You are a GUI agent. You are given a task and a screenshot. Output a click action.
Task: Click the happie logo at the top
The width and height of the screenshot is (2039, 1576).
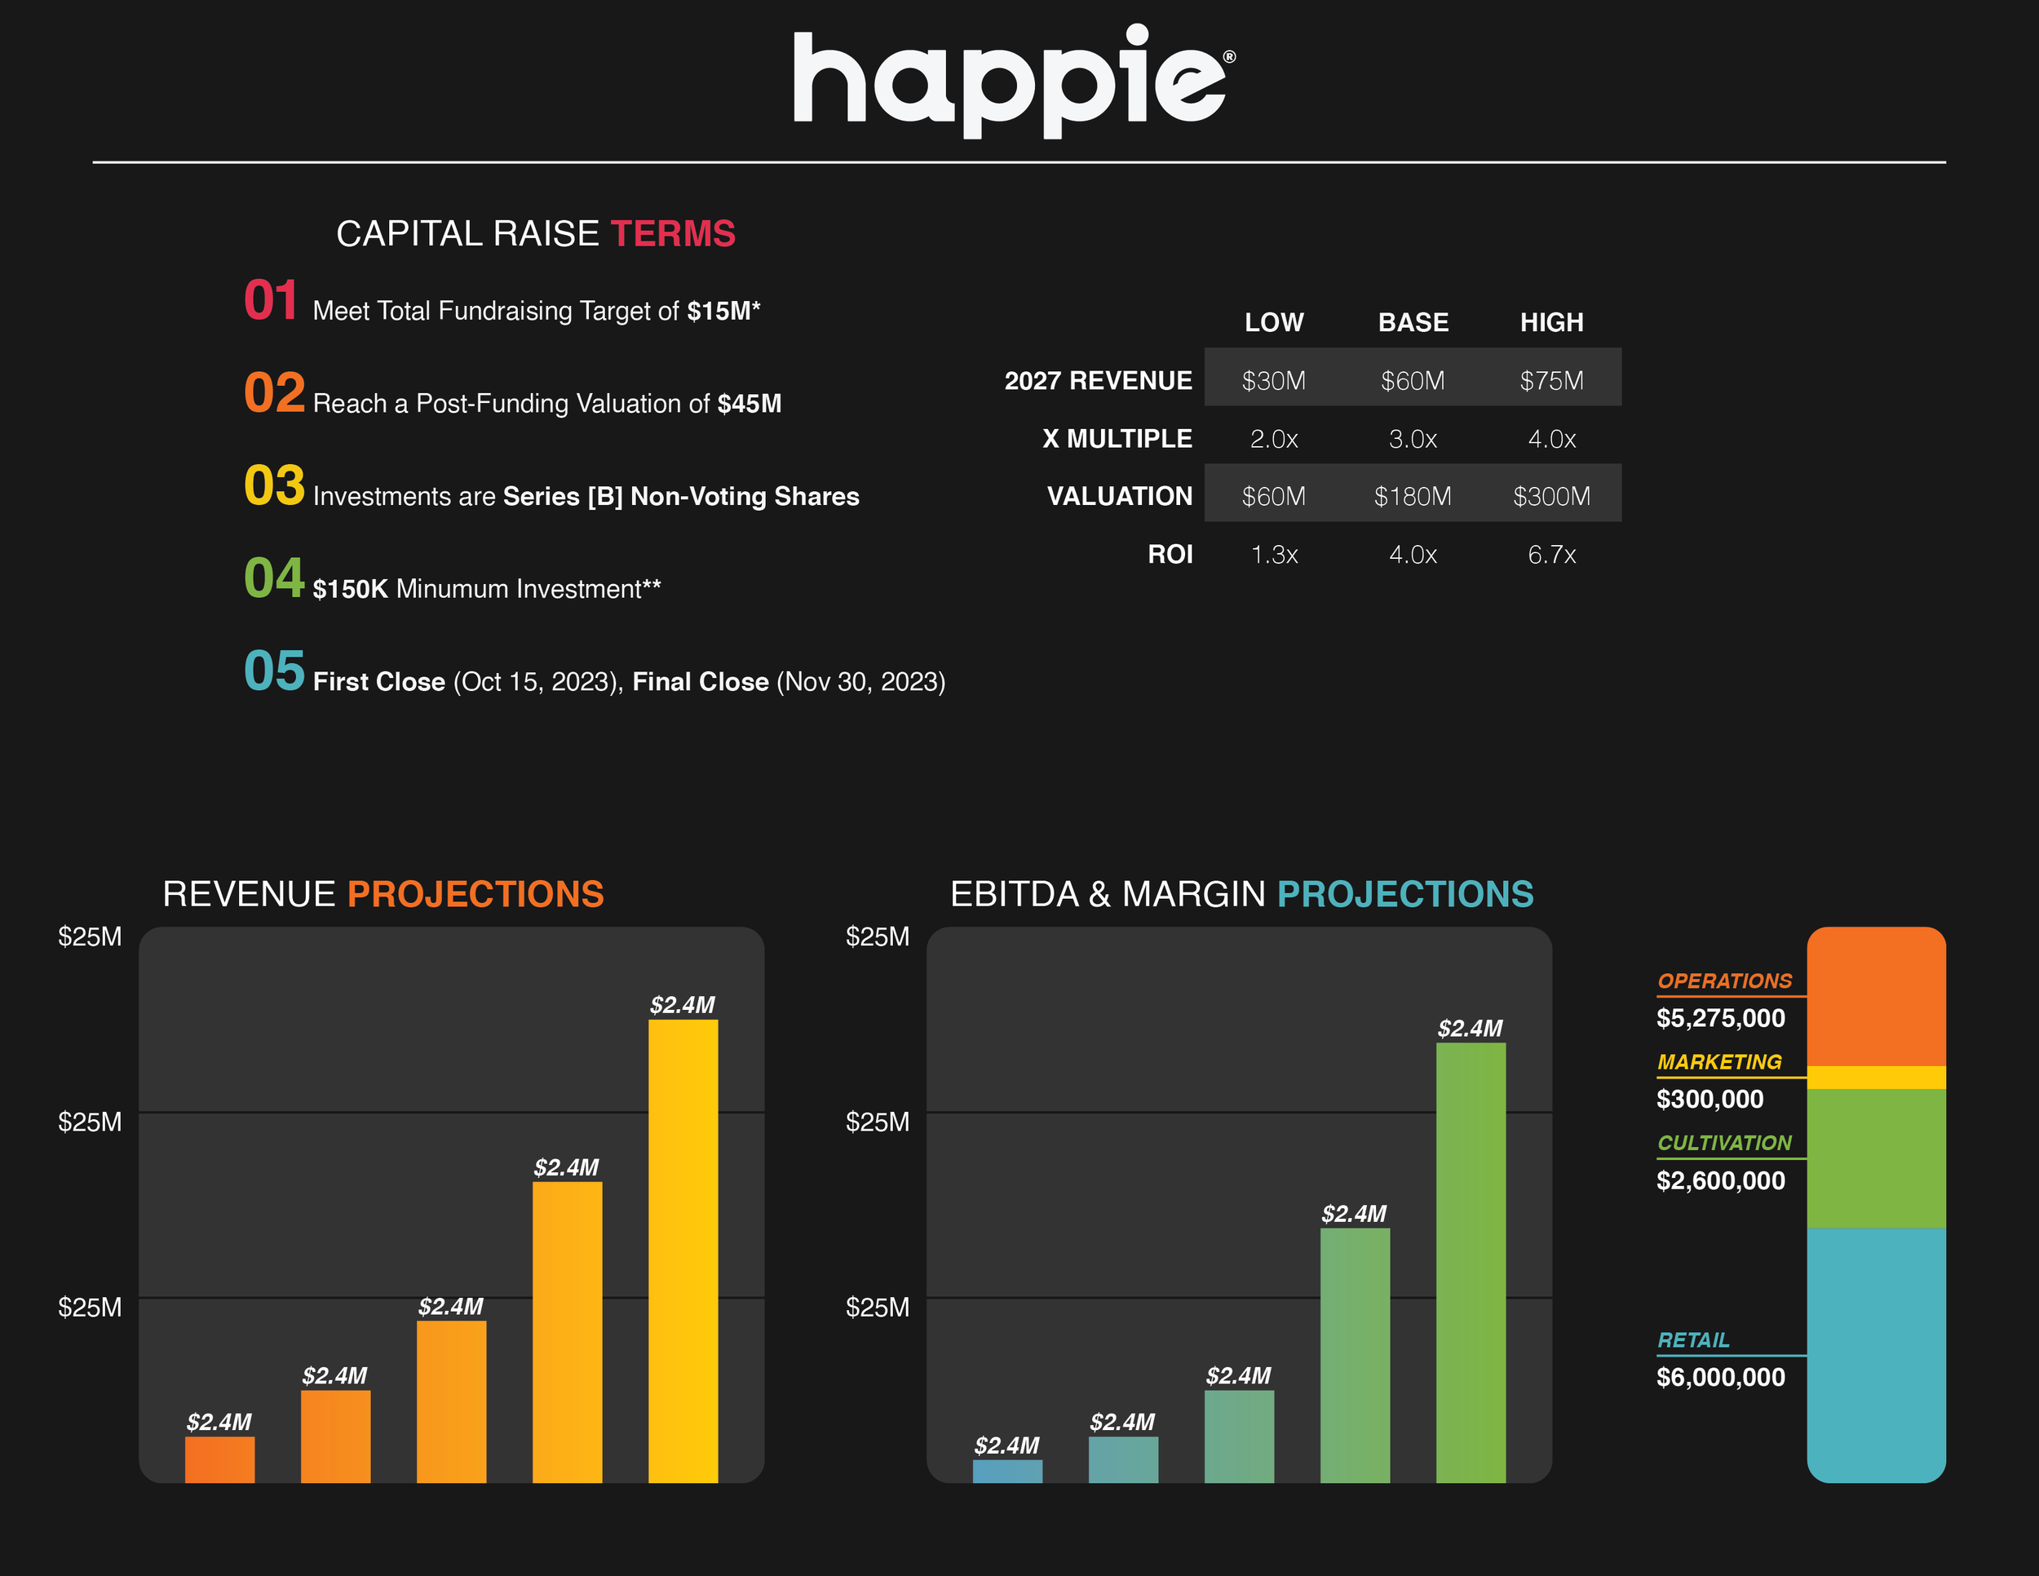coord(1014,82)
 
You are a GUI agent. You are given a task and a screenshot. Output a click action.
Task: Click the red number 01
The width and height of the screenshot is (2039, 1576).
coord(271,301)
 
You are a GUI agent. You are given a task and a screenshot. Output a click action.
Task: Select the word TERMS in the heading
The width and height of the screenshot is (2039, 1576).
coord(673,233)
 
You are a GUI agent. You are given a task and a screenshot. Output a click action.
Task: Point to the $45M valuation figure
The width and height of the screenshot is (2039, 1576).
coord(750,403)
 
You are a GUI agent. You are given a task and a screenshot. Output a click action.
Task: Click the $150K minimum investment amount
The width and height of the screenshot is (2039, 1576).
coord(350,589)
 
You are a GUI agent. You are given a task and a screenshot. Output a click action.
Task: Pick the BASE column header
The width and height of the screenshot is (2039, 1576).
coord(1413,322)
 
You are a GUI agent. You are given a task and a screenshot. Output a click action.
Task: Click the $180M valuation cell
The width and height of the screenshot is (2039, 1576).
coord(1413,496)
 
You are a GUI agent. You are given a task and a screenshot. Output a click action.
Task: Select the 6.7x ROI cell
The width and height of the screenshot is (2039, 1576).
coord(1551,555)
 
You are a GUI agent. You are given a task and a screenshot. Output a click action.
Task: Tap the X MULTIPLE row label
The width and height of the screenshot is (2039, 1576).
coord(1117,439)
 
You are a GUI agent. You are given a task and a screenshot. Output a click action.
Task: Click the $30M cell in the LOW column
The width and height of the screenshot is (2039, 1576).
coord(1273,381)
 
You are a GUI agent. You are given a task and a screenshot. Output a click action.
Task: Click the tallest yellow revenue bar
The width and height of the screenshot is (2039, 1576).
coord(683,1251)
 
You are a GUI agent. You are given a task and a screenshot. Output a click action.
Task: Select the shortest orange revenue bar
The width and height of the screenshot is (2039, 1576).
coord(219,1459)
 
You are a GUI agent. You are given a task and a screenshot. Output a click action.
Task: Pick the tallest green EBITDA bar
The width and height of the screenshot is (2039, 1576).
coord(1471,1262)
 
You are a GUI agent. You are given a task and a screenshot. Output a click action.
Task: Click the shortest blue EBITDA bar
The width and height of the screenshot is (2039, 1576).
coord(1007,1472)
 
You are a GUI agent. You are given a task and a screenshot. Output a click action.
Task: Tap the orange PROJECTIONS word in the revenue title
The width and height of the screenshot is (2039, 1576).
coord(476,894)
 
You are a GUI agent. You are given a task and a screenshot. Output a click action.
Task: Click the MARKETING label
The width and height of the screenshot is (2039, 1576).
coord(1718,1061)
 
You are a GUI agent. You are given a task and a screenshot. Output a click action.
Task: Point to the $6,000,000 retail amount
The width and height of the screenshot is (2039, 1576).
coord(1721,1377)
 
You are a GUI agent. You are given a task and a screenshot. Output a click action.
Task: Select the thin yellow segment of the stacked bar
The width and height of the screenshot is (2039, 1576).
coord(1877,1078)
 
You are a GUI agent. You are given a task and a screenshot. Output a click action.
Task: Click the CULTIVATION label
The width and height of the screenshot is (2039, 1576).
coord(1724,1143)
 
